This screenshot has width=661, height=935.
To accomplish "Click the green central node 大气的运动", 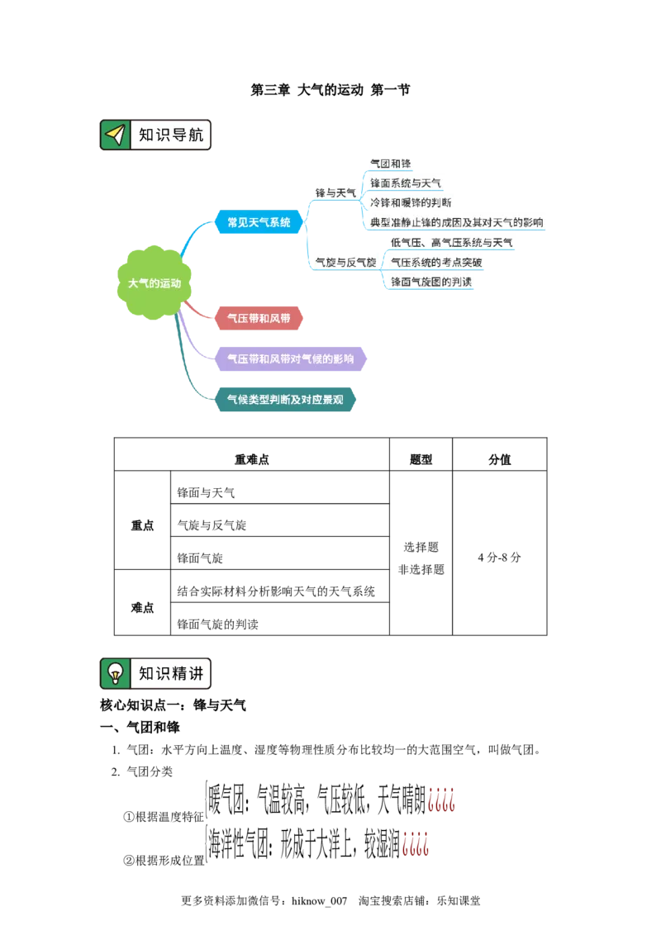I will tap(154, 282).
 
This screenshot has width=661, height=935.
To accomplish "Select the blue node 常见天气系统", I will tap(259, 222).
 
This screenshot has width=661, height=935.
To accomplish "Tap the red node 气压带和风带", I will tap(258, 318).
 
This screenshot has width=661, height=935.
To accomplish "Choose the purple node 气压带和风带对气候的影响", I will tap(291, 359).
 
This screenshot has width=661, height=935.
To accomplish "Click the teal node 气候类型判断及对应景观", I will tap(285, 401).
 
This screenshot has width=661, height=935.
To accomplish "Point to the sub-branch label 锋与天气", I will tap(335, 192).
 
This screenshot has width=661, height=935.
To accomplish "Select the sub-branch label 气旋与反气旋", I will tap(345, 262).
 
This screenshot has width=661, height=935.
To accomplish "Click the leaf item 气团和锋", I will tap(390, 164).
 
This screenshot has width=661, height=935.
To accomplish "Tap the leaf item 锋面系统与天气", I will tap(405, 183).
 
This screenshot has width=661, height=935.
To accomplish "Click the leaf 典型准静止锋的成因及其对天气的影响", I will tap(457, 222).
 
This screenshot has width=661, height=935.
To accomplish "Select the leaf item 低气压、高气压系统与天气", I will tap(451, 243).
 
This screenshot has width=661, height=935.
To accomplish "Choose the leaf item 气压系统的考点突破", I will tap(435, 263).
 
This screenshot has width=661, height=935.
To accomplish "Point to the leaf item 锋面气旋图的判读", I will tap(432, 282).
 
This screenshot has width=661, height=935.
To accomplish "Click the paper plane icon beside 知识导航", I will tap(115, 135).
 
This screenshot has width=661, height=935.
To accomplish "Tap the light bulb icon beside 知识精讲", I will tap(115, 673).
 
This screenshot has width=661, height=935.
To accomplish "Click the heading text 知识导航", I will tap(170, 135).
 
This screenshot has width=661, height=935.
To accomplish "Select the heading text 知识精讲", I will tap(170, 673).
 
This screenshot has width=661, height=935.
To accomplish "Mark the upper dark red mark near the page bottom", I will tap(442, 799).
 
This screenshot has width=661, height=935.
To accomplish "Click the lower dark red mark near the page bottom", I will tap(416, 843).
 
